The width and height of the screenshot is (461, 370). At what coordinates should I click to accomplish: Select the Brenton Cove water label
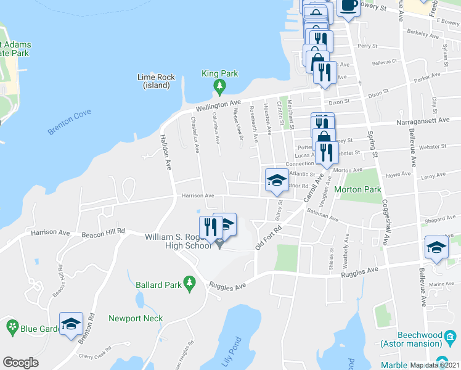pyautogui.click(x=69, y=121)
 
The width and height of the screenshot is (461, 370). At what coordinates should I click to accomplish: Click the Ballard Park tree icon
pyautogui.click(x=190, y=282)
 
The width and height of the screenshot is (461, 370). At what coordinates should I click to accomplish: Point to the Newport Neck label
pyautogui.click(x=136, y=318)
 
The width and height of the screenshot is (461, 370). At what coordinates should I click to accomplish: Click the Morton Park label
pyautogui.click(x=358, y=190)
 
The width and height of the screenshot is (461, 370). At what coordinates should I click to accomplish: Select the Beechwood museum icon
pyautogui.click(x=451, y=337)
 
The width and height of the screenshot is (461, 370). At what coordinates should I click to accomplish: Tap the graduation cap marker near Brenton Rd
pyautogui.click(x=71, y=323)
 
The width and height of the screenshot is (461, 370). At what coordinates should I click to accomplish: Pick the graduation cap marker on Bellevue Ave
pyautogui.click(x=436, y=248)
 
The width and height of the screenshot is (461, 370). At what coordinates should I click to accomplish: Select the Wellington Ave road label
pyautogui.click(x=218, y=105)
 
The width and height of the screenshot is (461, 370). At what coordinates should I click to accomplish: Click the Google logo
pyautogui.click(x=20, y=363)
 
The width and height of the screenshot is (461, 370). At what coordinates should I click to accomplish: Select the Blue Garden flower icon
pyautogui.click(x=12, y=326)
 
